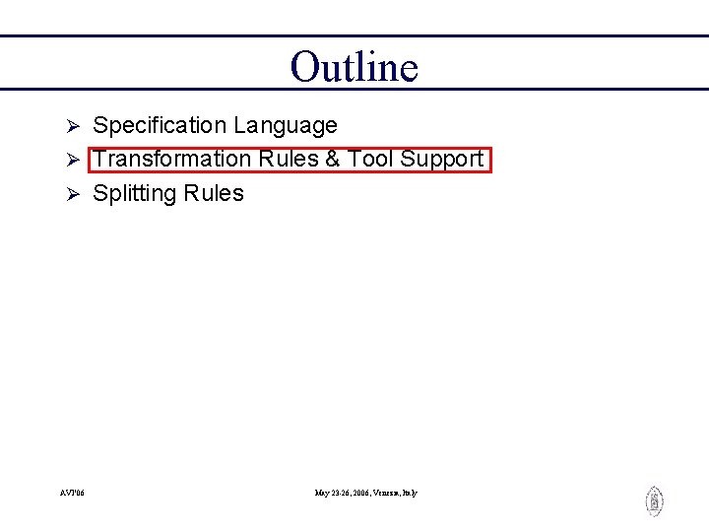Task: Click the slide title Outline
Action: click(x=354, y=67)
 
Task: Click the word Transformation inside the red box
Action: click(x=172, y=160)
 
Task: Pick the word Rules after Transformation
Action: click(x=287, y=160)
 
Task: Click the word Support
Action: click(x=441, y=160)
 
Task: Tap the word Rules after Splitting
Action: click(x=212, y=193)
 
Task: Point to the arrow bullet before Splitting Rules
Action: click(x=71, y=194)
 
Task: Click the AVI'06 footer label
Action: click(x=72, y=493)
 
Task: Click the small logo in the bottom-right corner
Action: click(x=654, y=501)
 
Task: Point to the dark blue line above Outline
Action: click(x=354, y=36)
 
